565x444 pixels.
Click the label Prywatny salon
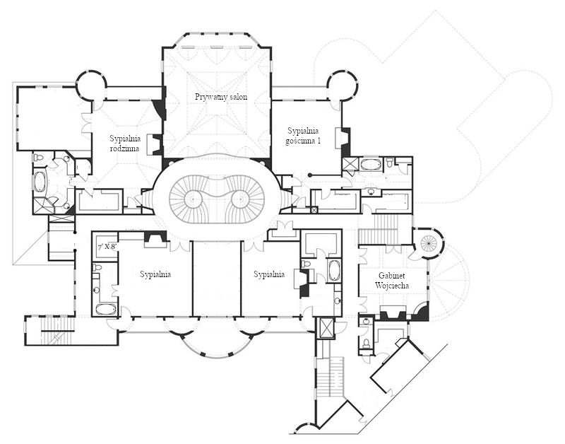pos(221,97)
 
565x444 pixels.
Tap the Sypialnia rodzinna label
pos(125,144)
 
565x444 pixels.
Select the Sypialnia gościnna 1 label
pos(303,136)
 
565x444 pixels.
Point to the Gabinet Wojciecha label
pos(392,281)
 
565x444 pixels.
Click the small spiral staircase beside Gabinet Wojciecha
pos(429,243)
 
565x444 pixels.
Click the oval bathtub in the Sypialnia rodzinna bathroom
pos(40,182)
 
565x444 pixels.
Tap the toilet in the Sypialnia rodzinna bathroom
pos(38,158)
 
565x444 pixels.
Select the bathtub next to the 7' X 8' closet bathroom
pos(106,309)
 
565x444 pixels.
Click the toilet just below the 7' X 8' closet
pos(97,267)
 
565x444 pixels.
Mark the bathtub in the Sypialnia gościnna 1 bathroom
pos(369,165)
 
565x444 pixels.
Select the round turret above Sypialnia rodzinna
pos(92,86)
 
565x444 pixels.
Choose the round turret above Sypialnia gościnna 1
pos(343,86)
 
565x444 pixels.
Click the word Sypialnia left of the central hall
pos(155,274)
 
